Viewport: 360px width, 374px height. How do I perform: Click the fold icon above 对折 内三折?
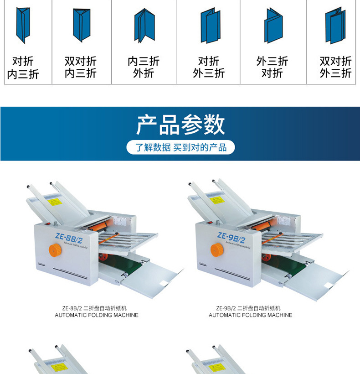(x=22, y=26)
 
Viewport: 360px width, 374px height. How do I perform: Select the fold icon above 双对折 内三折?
(x=82, y=26)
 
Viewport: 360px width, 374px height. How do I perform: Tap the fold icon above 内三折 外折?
(x=144, y=26)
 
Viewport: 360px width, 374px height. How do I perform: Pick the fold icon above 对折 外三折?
(x=209, y=26)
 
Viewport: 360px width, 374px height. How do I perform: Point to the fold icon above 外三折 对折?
(x=273, y=26)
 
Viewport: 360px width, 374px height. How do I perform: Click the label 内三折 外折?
(x=144, y=67)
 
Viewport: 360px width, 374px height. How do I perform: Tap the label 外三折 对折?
(x=272, y=67)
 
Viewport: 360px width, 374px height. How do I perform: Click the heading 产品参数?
(x=180, y=125)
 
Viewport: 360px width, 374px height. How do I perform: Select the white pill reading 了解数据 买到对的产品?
(x=180, y=147)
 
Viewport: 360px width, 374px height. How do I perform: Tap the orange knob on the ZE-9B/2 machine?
(x=216, y=249)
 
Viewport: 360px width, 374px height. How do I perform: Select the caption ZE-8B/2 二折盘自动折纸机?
(x=96, y=308)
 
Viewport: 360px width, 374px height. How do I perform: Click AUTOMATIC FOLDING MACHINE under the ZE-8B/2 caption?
(x=96, y=315)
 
